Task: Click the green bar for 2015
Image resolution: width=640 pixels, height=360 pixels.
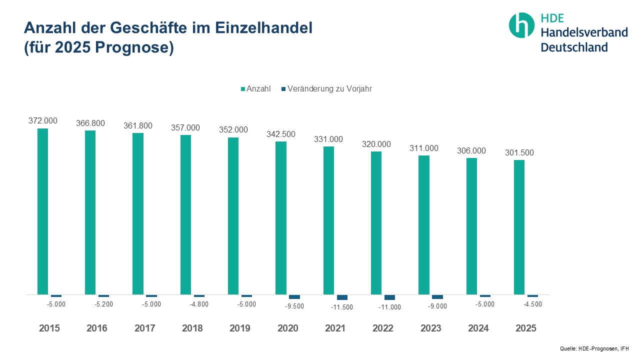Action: point(43,211)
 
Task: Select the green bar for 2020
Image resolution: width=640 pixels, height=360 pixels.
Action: point(281,218)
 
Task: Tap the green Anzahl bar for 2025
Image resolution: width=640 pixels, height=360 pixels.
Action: point(519,227)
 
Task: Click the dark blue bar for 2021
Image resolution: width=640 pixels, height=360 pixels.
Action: point(342,297)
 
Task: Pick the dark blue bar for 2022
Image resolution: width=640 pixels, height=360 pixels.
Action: point(389,297)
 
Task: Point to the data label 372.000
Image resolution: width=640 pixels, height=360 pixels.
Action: point(43,120)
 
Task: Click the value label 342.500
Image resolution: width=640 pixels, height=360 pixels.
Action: point(281,134)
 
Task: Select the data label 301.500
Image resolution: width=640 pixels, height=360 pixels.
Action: point(519,152)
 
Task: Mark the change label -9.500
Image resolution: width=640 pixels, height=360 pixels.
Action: point(294,306)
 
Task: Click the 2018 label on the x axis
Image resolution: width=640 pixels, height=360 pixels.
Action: point(192,328)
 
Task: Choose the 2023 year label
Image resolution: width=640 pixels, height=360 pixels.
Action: point(431,328)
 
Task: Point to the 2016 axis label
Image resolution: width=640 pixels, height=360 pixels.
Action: point(97,328)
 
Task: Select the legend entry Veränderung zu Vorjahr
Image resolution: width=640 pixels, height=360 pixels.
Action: point(329,89)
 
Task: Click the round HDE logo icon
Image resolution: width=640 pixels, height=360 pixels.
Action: point(521,25)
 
